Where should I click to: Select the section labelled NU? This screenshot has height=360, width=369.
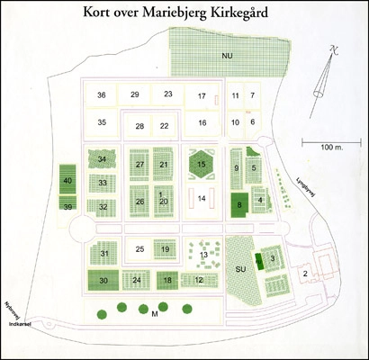(x=229, y=56)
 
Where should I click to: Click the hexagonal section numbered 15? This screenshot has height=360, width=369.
(x=202, y=165)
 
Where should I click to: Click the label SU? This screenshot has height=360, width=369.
(x=240, y=268)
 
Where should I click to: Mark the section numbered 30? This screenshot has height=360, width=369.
(x=104, y=281)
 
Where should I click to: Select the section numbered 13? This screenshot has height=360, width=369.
(x=204, y=255)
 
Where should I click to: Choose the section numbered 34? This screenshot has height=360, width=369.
(x=103, y=159)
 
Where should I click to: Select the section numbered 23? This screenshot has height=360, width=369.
(x=167, y=94)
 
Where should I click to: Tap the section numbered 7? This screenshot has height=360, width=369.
(x=253, y=94)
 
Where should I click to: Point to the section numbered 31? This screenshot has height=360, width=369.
(x=104, y=255)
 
